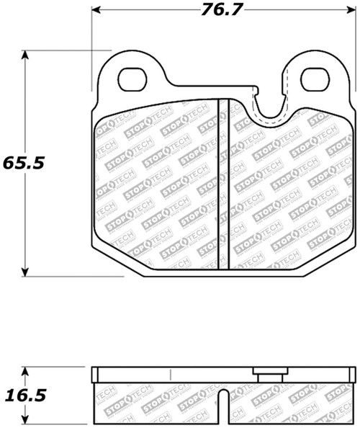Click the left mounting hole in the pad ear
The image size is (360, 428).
(x=132, y=80)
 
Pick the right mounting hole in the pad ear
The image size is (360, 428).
(x=315, y=80)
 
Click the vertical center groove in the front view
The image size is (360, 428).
(x=223, y=184)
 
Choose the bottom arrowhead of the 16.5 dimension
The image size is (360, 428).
(x=27, y=423)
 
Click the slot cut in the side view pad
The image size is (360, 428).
(x=225, y=407)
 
